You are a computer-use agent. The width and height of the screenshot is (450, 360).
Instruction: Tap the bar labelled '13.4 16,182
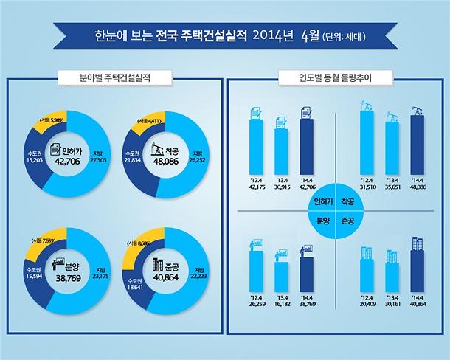tap(281, 276)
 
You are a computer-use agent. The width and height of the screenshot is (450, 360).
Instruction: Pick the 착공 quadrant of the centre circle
tap(348, 200)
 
